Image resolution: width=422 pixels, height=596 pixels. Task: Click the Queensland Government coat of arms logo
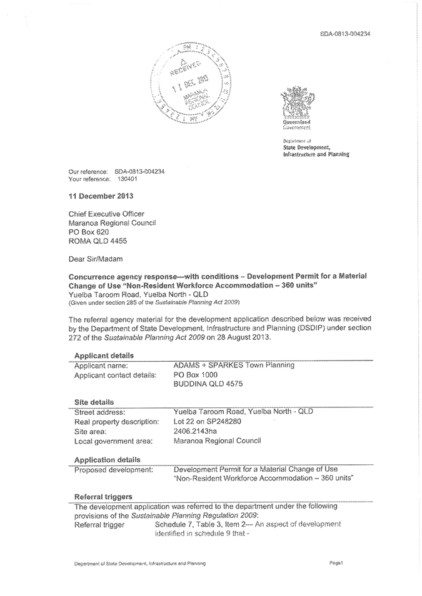pyautogui.click(x=296, y=104)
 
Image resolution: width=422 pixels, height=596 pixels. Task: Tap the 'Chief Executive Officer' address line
pyautogui.click(x=108, y=212)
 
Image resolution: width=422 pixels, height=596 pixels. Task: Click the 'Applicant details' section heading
pyautogui.click(x=103, y=355)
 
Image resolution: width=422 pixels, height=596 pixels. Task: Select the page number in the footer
pyautogui.click(x=336, y=564)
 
